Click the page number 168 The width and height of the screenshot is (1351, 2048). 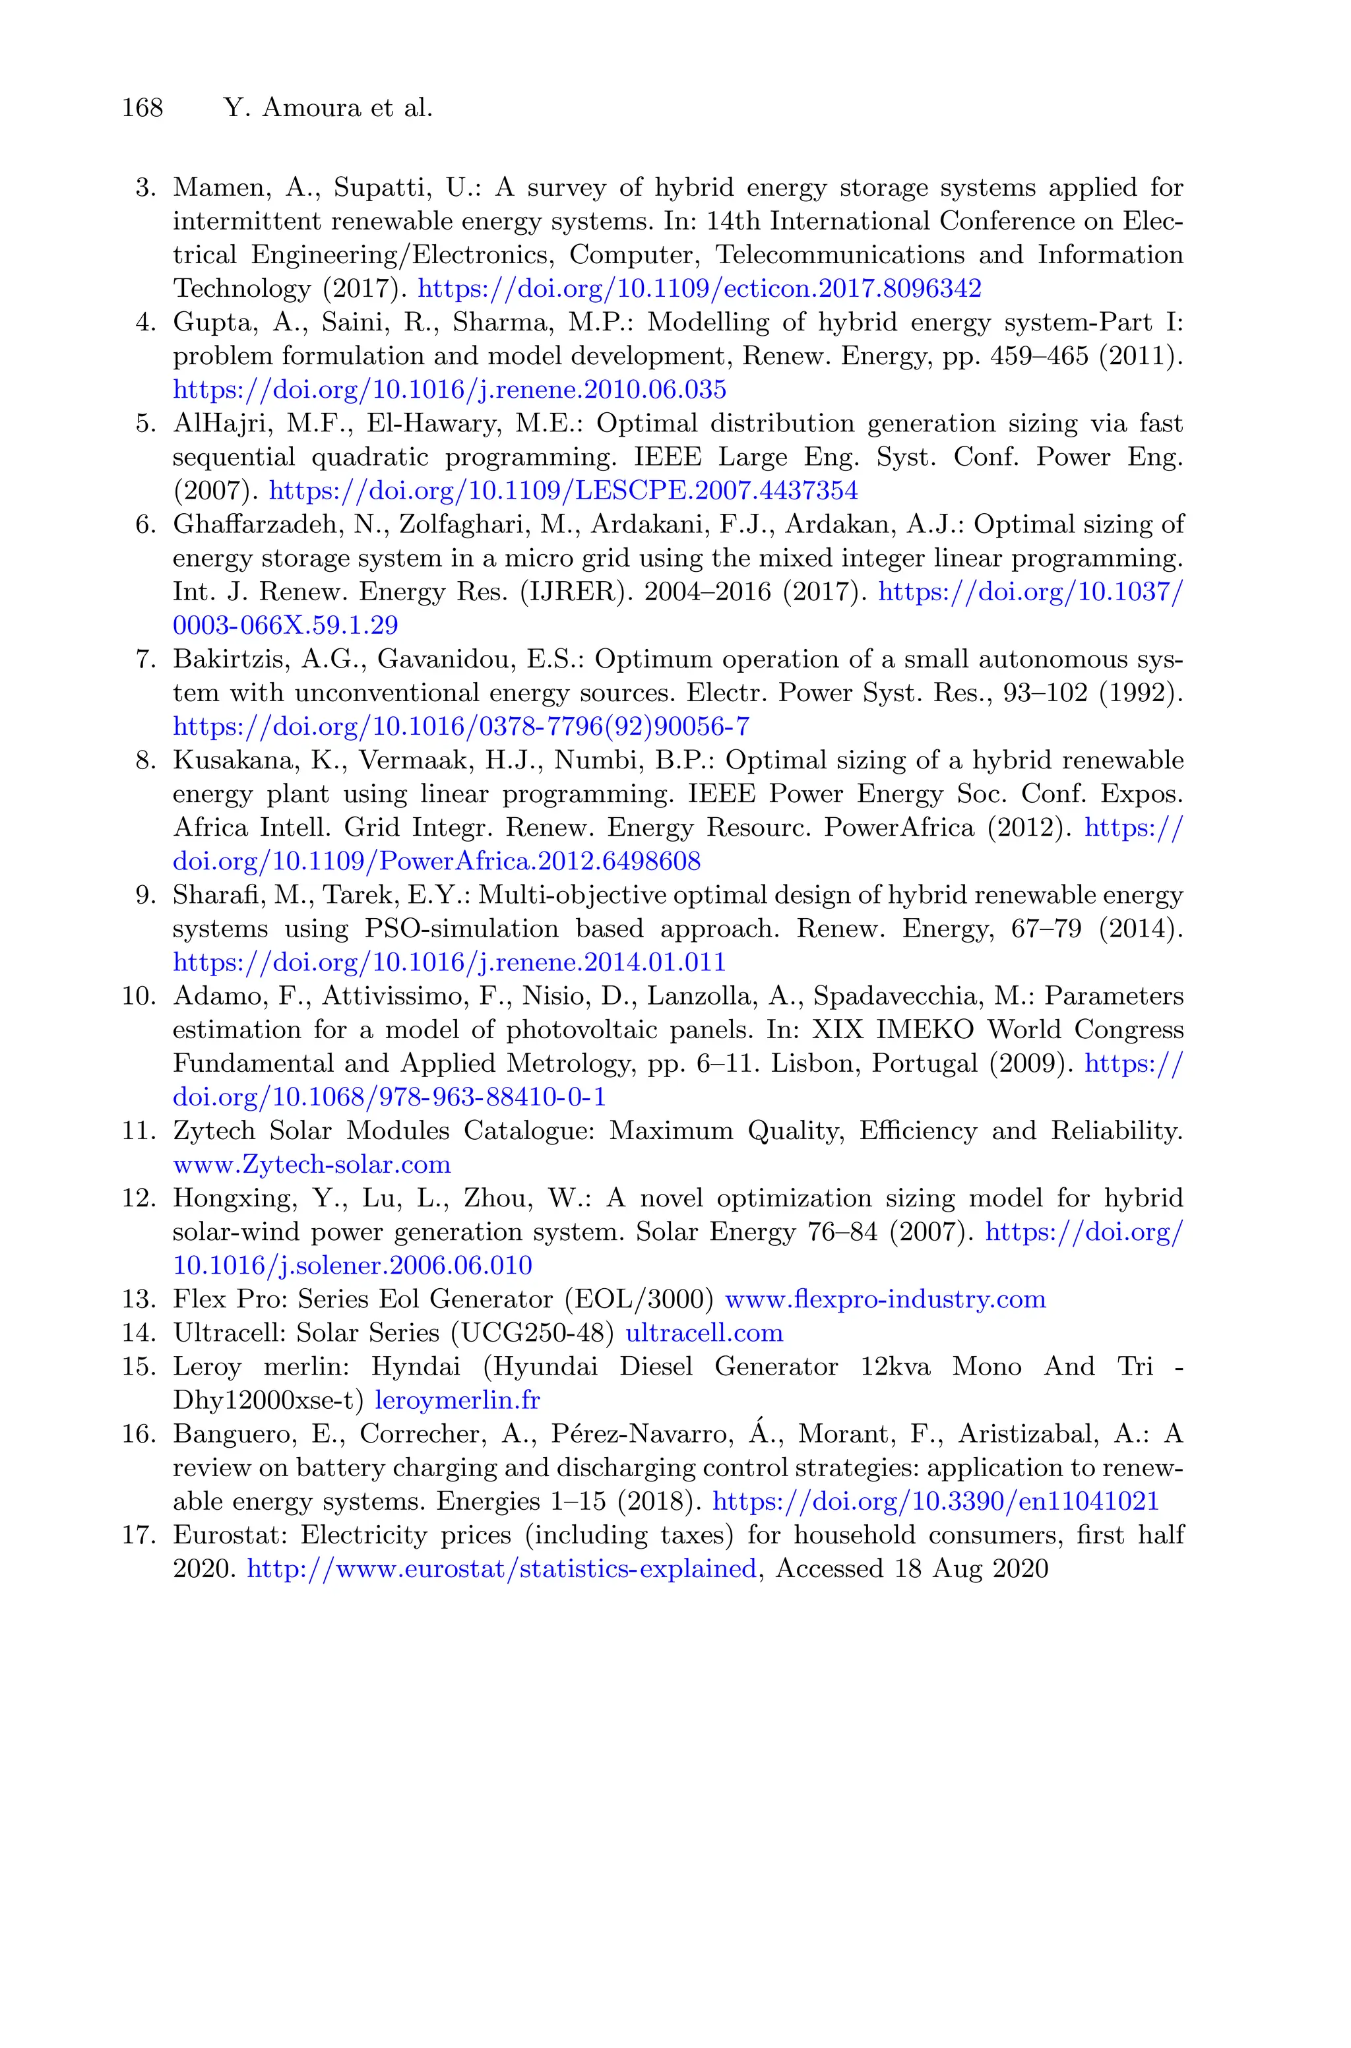(x=142, y=108)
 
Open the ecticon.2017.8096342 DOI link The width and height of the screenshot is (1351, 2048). (x=700, y=288)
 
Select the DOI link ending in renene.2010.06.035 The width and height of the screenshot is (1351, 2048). (x=450, y=390)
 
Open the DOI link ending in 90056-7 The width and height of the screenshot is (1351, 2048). (x=461, y=727)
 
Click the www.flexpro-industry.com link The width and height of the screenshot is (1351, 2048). (x=886, y=1299)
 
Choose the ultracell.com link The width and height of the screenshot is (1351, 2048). (x=704, y=1333)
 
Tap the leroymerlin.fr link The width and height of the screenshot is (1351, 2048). (x=458, y=1400)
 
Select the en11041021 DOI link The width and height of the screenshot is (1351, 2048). (x=937, y=1502)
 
